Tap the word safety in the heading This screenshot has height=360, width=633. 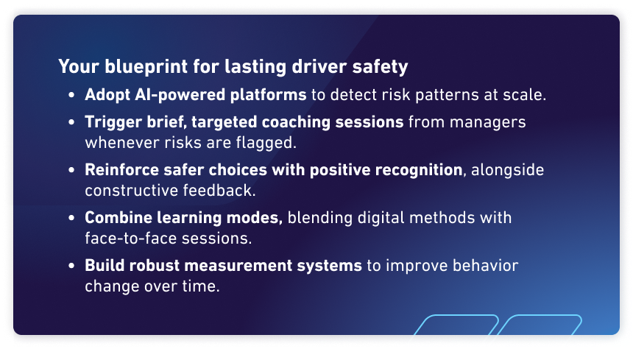382,67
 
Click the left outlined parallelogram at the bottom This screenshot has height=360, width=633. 453,330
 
